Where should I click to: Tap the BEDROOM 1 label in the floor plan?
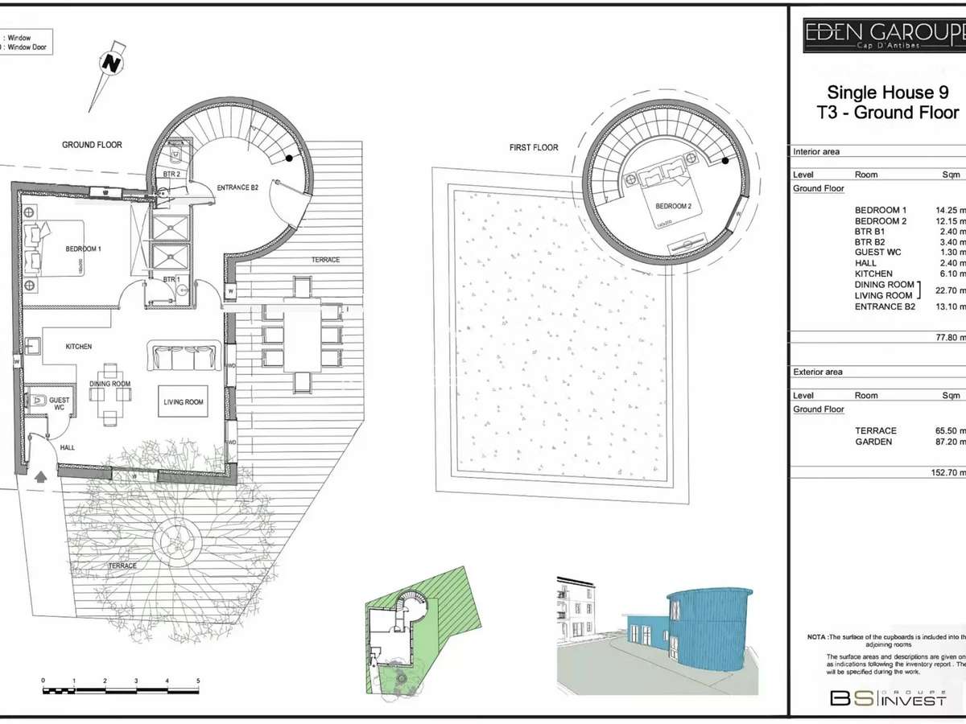tap(83, 249)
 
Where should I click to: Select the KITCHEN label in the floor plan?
tap(79, 347)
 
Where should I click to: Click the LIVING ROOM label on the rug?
tap(184, 402)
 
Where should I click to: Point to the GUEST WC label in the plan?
tap(60, 404)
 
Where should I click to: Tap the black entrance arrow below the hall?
tap(40, 475)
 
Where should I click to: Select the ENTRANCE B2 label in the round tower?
tap(237, 187)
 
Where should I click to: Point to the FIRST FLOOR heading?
tap(534, 148)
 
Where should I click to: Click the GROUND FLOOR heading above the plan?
tap(92, 145)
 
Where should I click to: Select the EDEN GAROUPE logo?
tap(884, 35)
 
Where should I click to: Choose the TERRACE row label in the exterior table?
tap(875, 431)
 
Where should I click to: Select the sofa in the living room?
tap(184, 356)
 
